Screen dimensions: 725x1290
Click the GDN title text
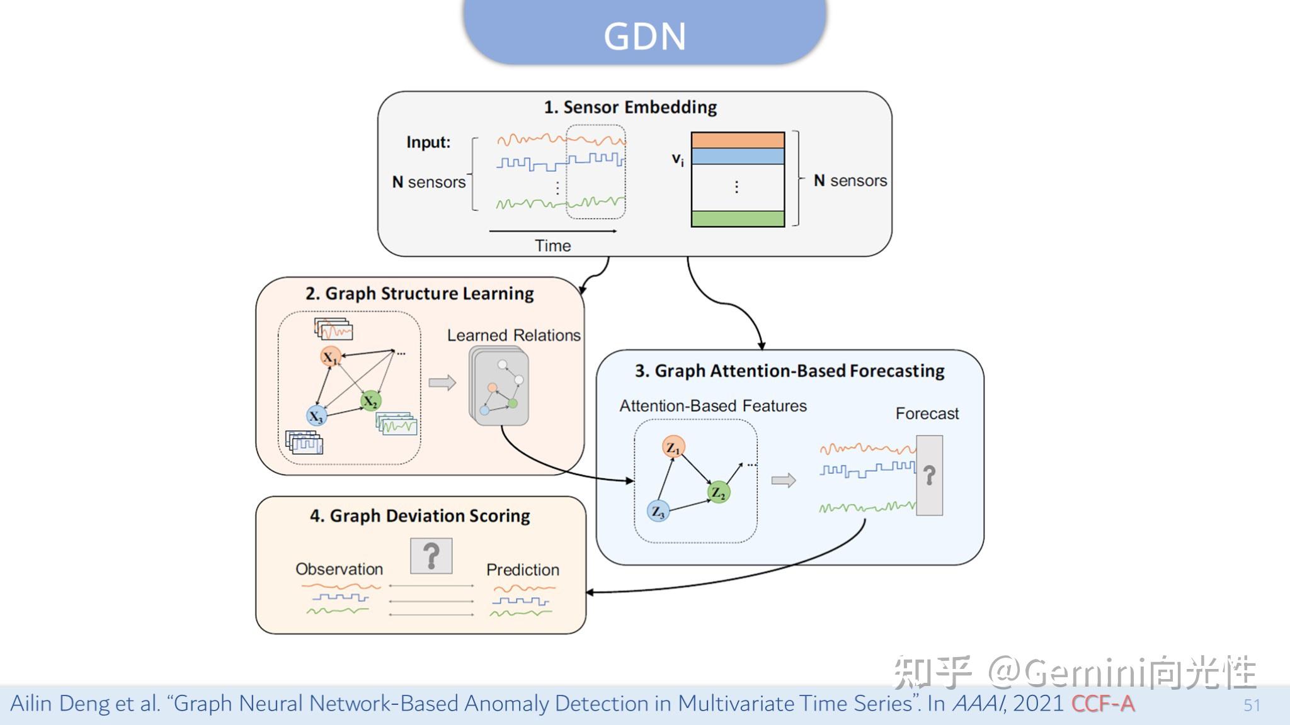click(644, 37)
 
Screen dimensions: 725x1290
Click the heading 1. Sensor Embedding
click(630, 107)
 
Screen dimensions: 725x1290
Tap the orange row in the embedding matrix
click(738, 140)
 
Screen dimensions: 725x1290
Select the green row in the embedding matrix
click(738, 219)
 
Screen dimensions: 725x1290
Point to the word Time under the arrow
click(552, 246)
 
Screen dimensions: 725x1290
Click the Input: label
click(428, 142)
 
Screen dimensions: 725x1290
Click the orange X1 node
click(331, 357)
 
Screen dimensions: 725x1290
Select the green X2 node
click(371, 401)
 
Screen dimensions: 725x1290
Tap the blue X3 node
click(316, 416)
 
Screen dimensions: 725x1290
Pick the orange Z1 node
click(673, 447)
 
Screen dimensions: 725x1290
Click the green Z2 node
click(718, 492)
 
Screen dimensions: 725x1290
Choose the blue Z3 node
click(658, 511)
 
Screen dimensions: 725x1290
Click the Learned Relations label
click(513, 335)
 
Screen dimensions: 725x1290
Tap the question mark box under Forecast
click(929, 475)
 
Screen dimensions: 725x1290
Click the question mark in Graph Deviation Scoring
click(431, 556)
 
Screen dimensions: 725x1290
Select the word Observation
click(339, 569)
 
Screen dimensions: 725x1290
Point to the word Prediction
click(522, 570)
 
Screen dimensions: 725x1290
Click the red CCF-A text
click(1102, 704)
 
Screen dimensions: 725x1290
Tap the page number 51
click(1252, 705)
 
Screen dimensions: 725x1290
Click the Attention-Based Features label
click(712, 406)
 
